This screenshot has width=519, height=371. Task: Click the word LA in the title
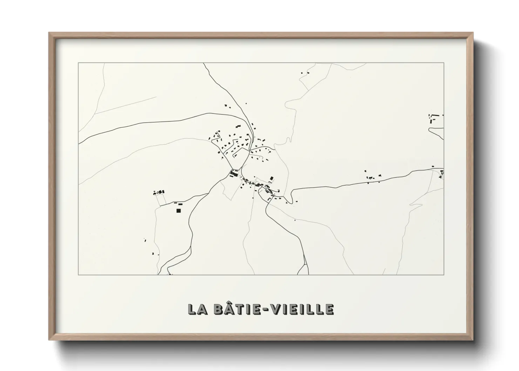click(x=198, y=310)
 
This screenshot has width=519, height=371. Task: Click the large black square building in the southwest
click(x=178, y=210)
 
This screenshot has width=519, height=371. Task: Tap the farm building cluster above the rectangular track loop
click(x=159, y=192)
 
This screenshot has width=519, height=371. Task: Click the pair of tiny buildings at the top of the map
click(x=305, y=73)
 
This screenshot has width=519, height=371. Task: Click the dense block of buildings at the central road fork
click(x=234, y=173)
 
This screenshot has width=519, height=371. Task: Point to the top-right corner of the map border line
click(x=444, y=63)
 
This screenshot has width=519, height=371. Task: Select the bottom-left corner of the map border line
click(x=78, y=275)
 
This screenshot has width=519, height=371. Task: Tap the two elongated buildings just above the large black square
click(x=178, y=203)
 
